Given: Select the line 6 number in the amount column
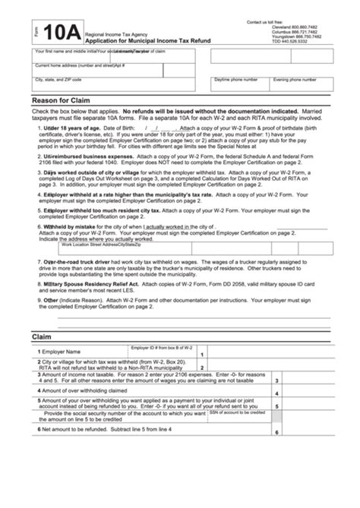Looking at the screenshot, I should coord(277,432).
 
